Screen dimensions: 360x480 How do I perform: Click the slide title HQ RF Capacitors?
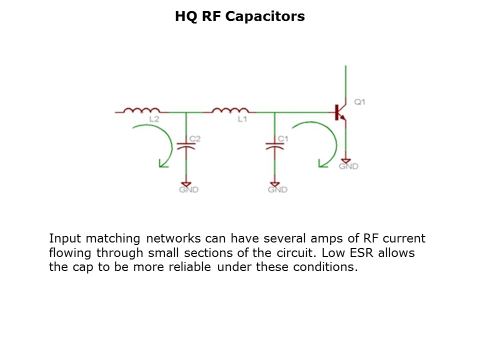(239, 16)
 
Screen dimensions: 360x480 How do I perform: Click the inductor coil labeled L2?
(142, 110)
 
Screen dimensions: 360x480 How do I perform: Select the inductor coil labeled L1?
(230, 110)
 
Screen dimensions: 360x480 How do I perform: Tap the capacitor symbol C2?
(186, 147)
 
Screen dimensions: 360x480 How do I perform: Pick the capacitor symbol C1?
(274, 147)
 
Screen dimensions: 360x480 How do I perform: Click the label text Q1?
(360, 102)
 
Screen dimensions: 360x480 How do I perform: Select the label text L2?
(154, 119)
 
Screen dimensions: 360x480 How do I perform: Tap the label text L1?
(242, 119)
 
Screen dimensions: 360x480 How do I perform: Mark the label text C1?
(283, 138)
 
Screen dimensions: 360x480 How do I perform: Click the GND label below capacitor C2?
(189, 190)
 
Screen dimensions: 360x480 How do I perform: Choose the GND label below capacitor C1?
(277, 190)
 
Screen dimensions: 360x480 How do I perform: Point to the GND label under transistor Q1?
(348, 166)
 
